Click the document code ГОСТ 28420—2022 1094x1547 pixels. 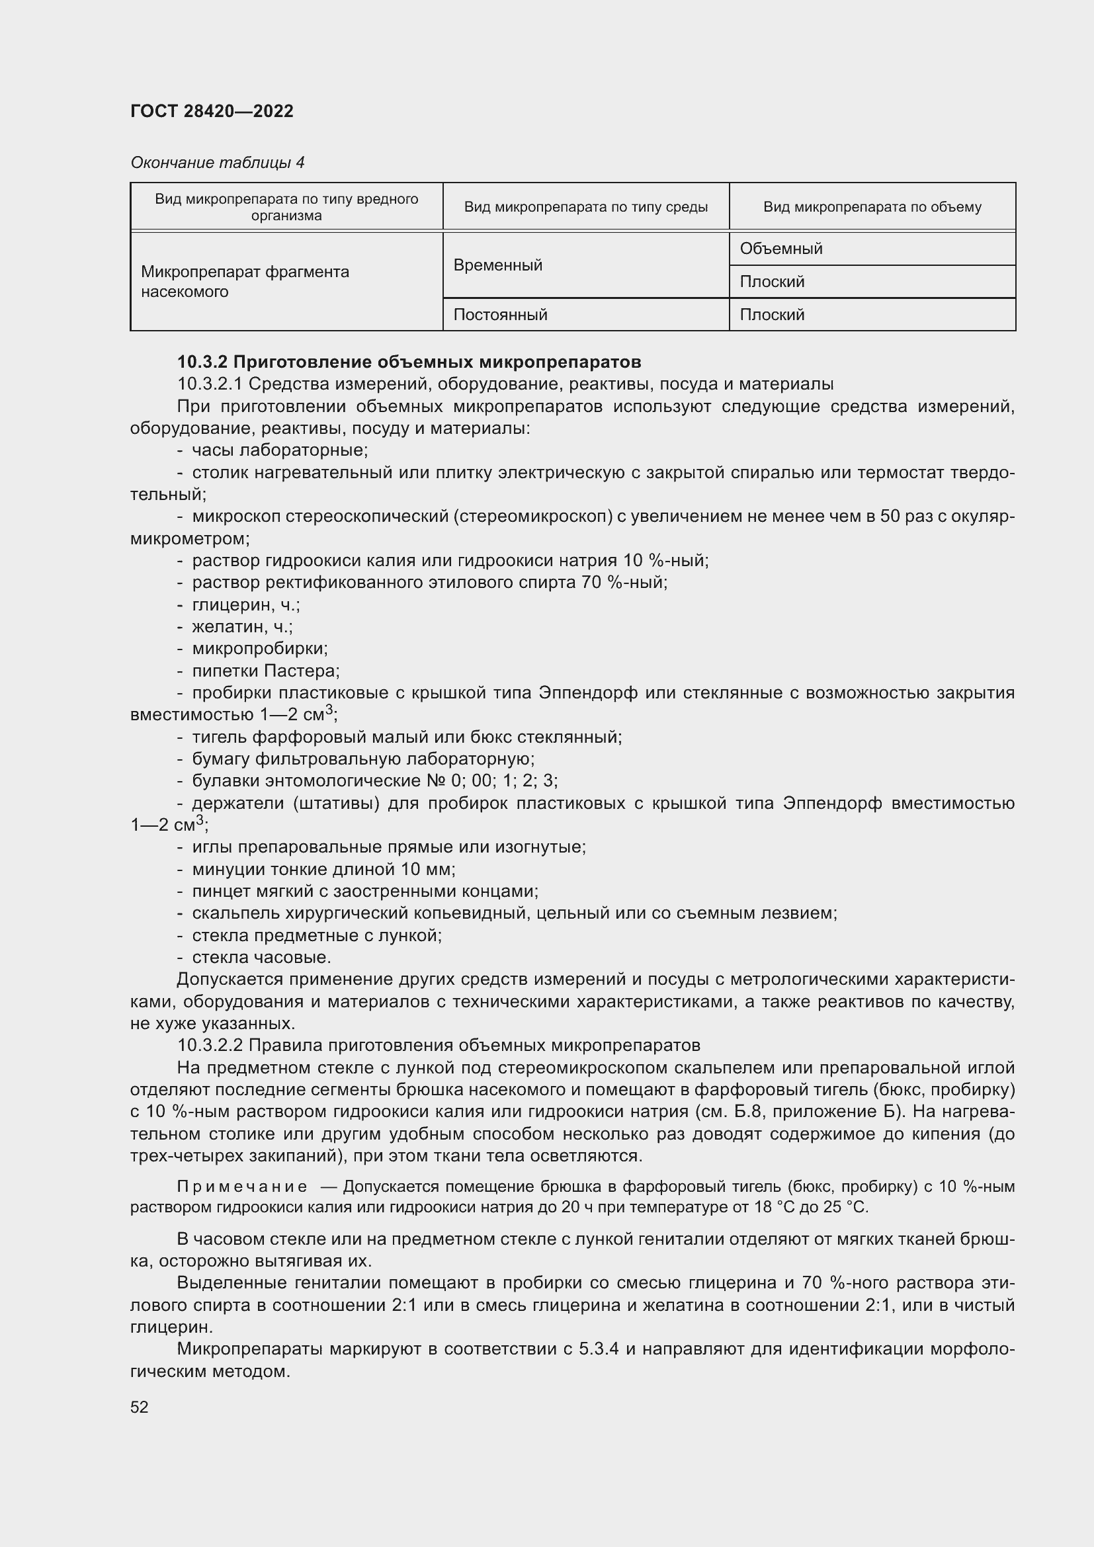212,111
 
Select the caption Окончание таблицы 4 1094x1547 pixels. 217,163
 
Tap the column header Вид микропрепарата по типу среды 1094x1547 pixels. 585,207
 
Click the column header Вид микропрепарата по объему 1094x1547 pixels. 872,207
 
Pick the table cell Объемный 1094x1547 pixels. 780,249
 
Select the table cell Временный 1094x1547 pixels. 498,265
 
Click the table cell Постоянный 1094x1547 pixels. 500,315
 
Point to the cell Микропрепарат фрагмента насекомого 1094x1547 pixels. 245,282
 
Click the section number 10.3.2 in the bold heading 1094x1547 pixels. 202,362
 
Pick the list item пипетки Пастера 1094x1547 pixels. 265,671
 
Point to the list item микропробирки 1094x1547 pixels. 260,648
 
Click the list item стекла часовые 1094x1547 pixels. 261,957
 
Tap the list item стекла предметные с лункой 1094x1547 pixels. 317,935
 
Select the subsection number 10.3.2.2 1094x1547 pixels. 210,1045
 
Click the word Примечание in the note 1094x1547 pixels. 242,1187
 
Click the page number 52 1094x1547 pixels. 140,1407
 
